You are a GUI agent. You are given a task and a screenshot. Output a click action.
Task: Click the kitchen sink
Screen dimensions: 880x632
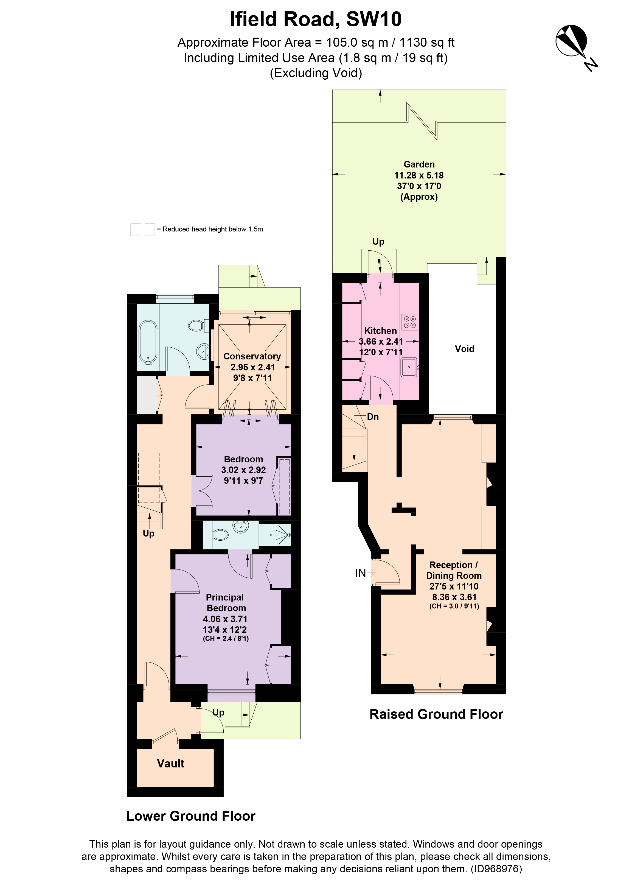409,367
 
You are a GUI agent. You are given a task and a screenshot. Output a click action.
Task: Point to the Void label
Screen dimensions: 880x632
464,349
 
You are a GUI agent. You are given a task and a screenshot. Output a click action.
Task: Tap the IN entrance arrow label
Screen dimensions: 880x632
360,573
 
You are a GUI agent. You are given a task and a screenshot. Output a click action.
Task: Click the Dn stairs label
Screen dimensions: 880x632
373,417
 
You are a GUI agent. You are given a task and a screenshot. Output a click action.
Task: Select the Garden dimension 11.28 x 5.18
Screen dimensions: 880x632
419,175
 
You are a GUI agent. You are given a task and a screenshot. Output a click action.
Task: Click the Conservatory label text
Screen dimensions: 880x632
252,356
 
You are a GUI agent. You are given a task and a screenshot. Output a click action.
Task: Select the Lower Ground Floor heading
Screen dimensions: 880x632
191,816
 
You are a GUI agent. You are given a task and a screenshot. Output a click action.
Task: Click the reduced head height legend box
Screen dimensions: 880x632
142,230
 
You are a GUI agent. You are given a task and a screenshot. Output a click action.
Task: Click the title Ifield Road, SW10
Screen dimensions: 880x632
316,19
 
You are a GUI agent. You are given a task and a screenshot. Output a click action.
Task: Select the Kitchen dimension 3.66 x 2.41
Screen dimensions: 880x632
380,342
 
